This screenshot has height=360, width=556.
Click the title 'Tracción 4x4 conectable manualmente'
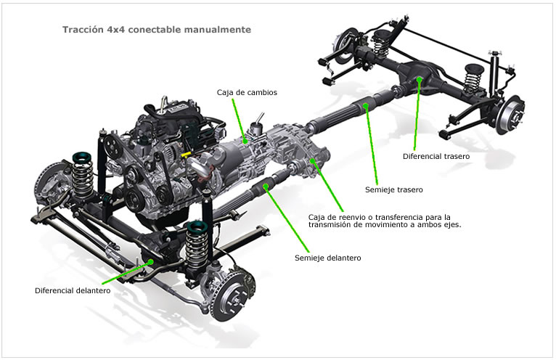click(x=157, y=30)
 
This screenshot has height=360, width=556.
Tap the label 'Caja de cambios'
click(x=247, y=93)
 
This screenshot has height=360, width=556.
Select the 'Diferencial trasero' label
click(x=436, y=156)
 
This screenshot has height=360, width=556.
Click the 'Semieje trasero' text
click(x=393, y=189)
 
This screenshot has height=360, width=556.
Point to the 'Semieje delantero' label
click(x=327, y=258)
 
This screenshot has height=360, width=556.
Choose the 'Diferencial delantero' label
click(x=73, y=291)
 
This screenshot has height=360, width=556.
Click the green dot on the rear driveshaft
click(x=367, y=107)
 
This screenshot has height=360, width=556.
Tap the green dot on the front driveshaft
click(x=267, y=187)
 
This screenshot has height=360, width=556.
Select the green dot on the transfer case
click(x=313, y=160)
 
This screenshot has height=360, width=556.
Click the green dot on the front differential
click(x=150, y=262)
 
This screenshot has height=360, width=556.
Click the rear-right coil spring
click(x=473, y=75)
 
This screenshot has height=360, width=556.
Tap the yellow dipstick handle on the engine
click(x=186, y=155)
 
